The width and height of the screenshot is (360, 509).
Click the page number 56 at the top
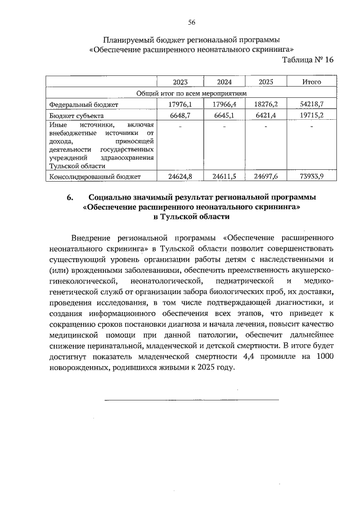click(191, 22)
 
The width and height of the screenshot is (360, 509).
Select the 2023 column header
click(181, 82)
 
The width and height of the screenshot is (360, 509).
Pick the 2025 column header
click(266, 82)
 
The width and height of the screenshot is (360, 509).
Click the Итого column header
click(311, 82)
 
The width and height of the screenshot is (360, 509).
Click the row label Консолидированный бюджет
click(94, 176)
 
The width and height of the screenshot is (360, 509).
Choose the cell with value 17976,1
click(181, 105)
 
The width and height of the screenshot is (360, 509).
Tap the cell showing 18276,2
click(266, 105)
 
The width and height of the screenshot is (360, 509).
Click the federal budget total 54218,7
click(311, 105)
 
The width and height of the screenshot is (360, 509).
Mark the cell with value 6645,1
click(223, 115)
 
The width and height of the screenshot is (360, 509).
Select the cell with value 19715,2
click(311, 115)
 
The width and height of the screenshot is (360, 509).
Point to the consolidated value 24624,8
click(181, 176)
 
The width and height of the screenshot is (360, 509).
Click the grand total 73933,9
click(311, 176)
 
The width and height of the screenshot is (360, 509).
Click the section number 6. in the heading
click(70, 197)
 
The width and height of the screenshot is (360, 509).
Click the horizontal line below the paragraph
click(191, 399)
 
